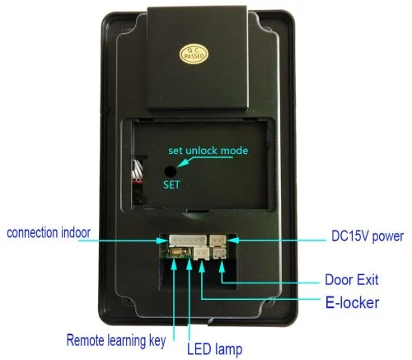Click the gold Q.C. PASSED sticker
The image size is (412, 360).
tap(194, 54)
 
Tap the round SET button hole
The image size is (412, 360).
tap(171, 171)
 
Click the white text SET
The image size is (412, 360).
tap(171, 185)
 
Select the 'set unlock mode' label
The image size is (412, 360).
tap(208, 151)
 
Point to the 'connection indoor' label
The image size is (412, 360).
tap(49, 232)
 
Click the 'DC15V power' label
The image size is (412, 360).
tap(368, 236)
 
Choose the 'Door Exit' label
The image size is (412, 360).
tap(352, 280)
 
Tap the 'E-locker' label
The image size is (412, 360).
tap(352, 302)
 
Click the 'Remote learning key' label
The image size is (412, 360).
tap(116, 341)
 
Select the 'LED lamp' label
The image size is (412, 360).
tap(215, 349)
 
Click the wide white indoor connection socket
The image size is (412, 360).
tap(188, 241)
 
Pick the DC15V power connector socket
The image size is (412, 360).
tap(218, 241)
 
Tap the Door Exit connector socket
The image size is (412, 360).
tap(219, 253)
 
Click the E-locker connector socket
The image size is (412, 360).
tap(202, 254)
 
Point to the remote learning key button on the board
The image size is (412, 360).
tap(176, 252)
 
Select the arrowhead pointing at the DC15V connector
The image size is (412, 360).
tap(233, 241)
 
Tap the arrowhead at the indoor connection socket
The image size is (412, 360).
tap(162, 241)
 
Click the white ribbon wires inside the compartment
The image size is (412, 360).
tap(137, 171)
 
